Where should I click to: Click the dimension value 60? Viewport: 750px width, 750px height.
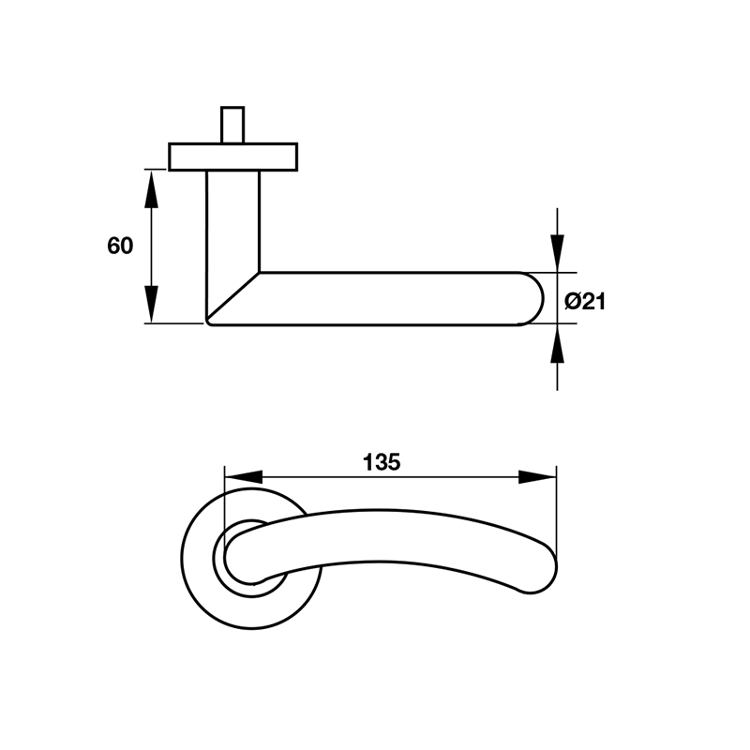(120, 246)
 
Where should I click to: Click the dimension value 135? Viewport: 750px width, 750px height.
(382, 461)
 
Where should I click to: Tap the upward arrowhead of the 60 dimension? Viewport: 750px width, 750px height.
(150, 187)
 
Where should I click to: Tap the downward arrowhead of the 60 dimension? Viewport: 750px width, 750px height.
(150, 305)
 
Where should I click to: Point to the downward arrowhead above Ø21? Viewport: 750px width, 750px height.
(557, 251)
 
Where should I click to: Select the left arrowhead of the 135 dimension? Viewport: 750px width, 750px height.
(241, 476)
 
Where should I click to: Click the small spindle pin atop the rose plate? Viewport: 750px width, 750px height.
(232, 125)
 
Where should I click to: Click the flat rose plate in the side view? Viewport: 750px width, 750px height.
(232, 157)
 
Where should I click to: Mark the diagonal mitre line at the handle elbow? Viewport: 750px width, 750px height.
(232, 297)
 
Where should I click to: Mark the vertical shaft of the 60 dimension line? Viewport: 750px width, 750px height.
(150, 246)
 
